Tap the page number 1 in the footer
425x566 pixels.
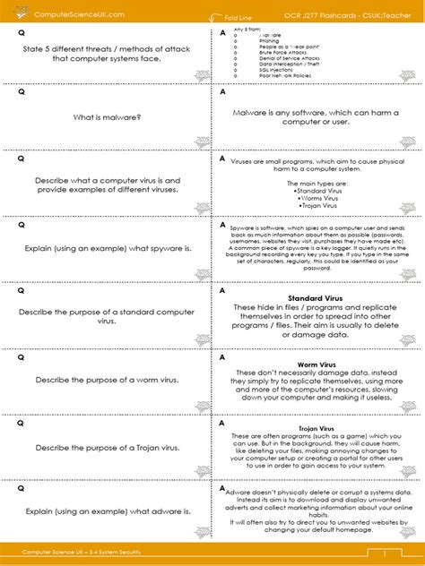(x=384, y=553)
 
